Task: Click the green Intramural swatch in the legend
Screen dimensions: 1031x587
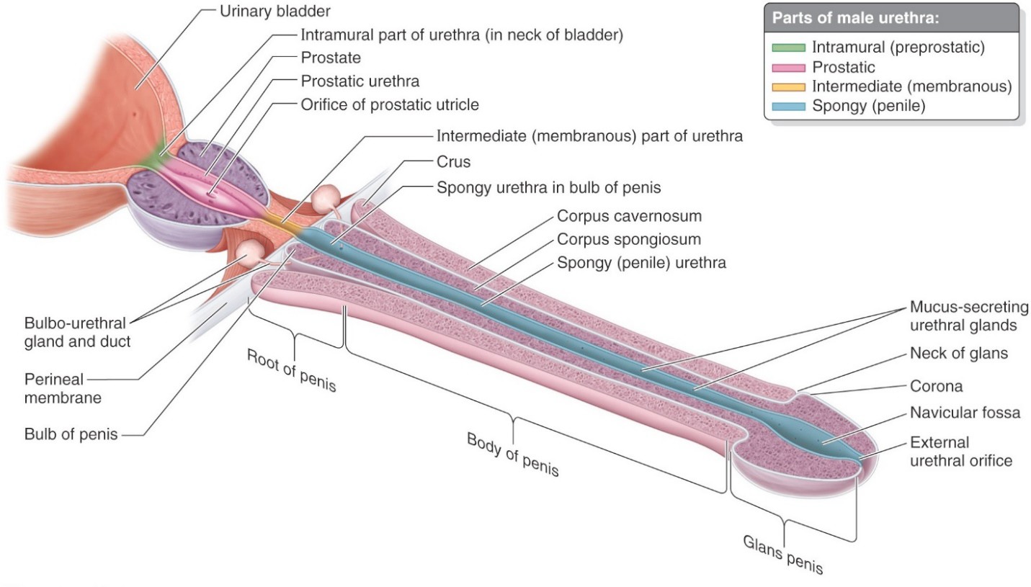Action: pos(788,48)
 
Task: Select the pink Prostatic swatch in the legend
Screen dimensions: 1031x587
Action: pos(788,68)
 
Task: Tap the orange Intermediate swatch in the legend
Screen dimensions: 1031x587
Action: pos(788,87)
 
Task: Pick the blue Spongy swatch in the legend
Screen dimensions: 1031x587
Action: pos(788,107)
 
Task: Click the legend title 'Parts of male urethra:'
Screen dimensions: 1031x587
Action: pos(855,18)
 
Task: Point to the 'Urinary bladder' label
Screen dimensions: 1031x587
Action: pos(275,12)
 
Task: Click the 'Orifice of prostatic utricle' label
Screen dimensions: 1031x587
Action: pos(389,105)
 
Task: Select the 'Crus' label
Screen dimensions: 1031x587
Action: pos(453,162)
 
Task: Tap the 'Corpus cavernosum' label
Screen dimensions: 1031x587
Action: pos(629,216)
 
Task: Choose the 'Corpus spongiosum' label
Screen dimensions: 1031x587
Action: pos(629,240)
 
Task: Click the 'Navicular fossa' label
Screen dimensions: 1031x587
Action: pos(965,413)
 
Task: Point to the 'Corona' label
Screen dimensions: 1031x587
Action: pos(936,387)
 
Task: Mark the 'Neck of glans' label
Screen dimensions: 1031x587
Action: pos(959,354)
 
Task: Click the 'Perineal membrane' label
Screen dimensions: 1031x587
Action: pos(63,389)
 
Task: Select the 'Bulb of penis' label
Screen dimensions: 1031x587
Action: pos(71,434)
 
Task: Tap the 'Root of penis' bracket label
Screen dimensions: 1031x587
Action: pos(291,370)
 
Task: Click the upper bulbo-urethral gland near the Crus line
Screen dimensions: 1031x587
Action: pos(326,197)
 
